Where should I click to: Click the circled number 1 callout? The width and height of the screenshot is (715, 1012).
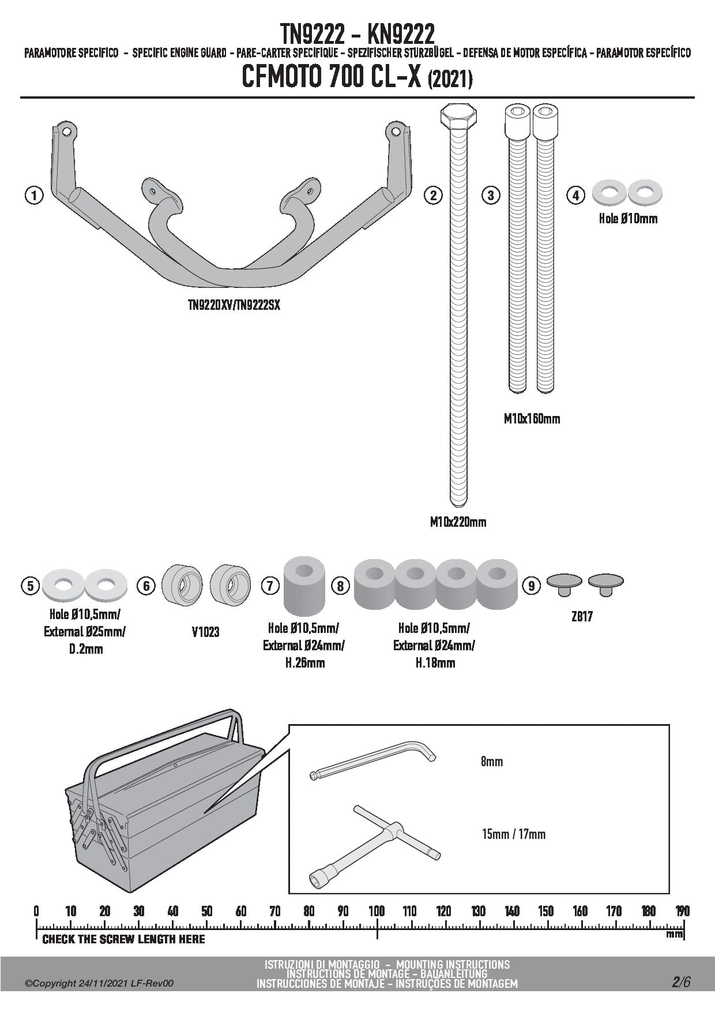coord(34,196)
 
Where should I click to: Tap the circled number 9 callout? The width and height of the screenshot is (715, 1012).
coord(531,586)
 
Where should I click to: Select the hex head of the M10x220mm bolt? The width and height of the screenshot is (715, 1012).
coord(458,117)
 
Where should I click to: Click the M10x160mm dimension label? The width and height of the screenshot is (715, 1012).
coord(532,419)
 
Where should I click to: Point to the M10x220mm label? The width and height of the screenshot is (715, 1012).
coord(458,522)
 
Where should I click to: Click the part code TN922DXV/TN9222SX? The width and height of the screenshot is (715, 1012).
coord(234,305)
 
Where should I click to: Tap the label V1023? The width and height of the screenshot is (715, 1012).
coord(206,632)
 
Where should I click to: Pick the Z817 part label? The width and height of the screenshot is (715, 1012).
coord(582,617)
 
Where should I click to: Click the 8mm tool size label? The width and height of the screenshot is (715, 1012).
coord(492,762)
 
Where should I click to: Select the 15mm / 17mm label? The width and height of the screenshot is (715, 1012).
coord(513,834)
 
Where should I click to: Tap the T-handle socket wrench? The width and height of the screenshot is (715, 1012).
coord(375,843)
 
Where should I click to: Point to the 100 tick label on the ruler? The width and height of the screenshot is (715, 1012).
coord(377,912)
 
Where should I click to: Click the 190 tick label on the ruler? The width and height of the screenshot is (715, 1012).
coord(683,912)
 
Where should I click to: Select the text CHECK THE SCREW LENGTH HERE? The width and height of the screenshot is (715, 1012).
coord(123,939)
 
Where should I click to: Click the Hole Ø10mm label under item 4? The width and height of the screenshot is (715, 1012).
coord(628,219)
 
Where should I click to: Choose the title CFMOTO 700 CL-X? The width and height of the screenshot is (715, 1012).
coord(332,78)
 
